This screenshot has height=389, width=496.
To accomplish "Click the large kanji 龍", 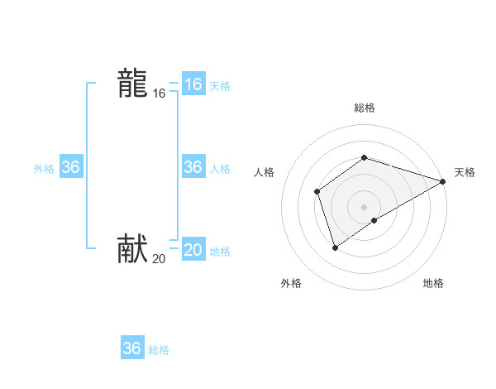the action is click(132, 84).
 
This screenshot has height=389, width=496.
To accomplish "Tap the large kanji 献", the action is click(132, 249).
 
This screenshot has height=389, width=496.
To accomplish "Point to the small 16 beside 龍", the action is click(159, 94).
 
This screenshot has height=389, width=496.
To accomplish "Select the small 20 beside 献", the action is click(159, 259).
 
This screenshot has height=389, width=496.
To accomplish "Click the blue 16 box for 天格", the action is click(193, 84).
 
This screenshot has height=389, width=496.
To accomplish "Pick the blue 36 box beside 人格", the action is click(193, 167).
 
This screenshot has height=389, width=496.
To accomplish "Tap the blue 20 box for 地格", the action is click(193, 250).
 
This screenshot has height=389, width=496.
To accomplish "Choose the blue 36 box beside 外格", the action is click(70, 167).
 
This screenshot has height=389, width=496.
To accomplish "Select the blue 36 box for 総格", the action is click(131, 348).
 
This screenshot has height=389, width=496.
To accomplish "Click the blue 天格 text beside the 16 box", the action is click(220, 86).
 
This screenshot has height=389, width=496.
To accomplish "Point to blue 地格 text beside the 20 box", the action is click(220, 252).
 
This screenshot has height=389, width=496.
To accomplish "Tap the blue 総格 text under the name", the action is click(159, 350).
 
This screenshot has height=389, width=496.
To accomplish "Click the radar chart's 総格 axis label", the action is click(365, 108).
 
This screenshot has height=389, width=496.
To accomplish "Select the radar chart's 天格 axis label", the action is click(465, 172).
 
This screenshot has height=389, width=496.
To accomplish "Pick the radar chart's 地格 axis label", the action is click(433, 283).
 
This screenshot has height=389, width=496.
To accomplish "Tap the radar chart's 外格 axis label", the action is click(291, 283).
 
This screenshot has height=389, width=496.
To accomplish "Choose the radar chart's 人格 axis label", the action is click(264, 172).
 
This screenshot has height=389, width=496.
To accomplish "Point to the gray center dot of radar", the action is click(365, 207).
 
